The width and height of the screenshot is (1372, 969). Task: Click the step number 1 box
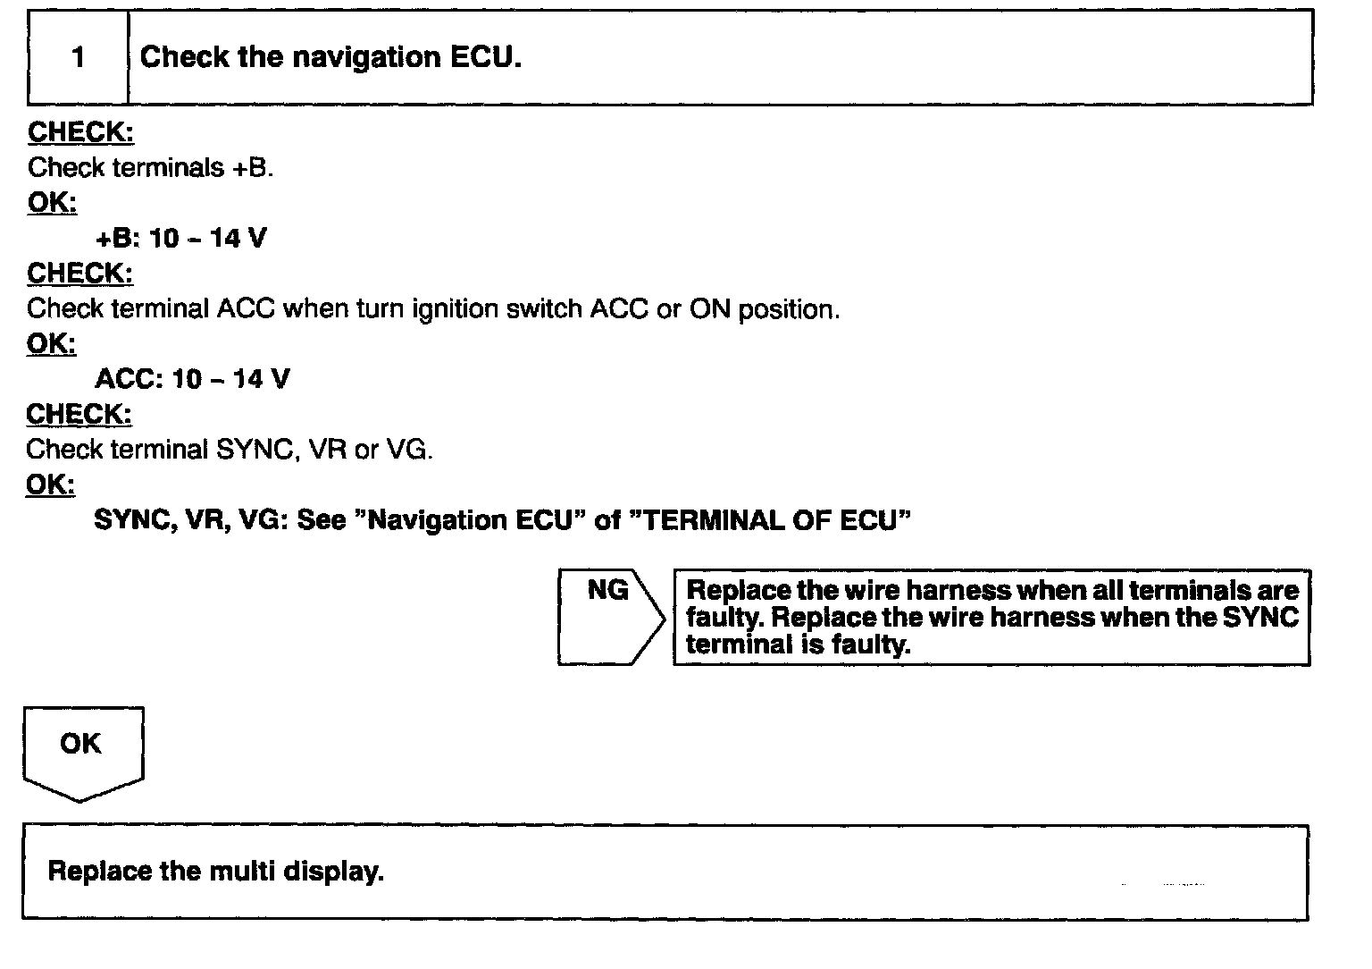[x=79, y=57]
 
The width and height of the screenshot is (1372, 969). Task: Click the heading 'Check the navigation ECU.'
[x=330, y=57]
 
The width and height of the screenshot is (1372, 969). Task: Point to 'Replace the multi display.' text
[x=215, y=871]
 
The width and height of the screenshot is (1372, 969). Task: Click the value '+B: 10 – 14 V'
[x=180, y=239]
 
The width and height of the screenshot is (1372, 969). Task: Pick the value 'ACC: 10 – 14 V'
[x=192, y=379]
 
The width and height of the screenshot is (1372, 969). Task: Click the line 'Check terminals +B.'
[x=150, y=167]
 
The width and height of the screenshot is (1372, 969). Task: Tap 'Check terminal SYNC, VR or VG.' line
[x=230, y=450]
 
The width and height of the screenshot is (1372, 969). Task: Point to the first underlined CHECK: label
[x=80, y=132]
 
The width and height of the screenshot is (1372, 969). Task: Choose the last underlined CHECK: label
[x=79, y=415]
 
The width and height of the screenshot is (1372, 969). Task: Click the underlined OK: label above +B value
[x=52, y=203]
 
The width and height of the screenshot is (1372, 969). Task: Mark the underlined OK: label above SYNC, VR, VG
[x=51, y=484]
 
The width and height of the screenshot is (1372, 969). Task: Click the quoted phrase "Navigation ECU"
[x=469, y=520]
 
